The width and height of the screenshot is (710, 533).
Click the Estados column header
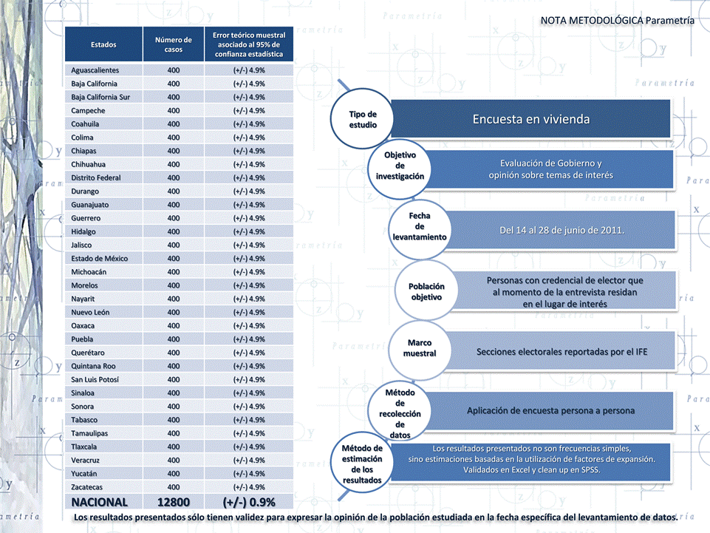[x=103, y=44]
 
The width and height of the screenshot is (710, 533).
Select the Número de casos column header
[x=174, y=44]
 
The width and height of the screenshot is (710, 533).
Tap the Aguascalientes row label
[x=95, y=70]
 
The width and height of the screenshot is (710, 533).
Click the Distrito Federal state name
[x=96, y=177]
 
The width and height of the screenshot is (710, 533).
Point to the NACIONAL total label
[x=100, y=503]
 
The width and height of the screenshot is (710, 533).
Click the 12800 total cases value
[x=174, y=503]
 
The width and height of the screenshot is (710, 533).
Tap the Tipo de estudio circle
[x=363, y=119]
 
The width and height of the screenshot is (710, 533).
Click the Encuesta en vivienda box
[x=530, y=118]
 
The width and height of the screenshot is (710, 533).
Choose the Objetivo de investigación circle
[x=400, y=166]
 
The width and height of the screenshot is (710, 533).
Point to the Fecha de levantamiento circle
[x=420, y=226]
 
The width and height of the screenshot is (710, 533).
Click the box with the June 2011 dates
[x=561, y=230]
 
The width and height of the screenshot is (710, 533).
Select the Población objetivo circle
[x=426, y=291]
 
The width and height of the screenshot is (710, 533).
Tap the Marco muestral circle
[x=420, y=348]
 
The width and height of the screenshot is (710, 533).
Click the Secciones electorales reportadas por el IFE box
[x=561, y=352]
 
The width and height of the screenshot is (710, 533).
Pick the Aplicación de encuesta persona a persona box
[x=550, y=410]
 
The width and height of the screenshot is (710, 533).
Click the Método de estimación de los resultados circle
[x=362, y=464]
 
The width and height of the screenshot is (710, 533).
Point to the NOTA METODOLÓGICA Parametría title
[x=617, y=20]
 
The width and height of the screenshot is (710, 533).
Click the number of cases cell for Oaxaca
[x=174, y=326]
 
